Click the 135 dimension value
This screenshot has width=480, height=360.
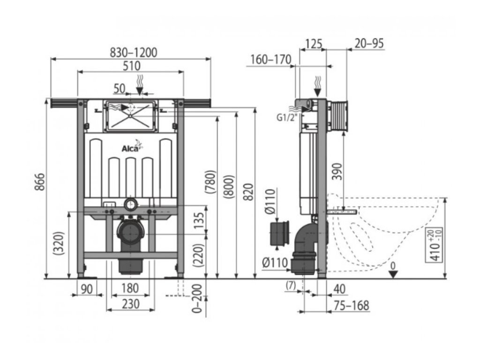pos(199,219)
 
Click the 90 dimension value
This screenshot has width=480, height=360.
pos(86,289)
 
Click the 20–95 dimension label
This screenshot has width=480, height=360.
pos(369,44)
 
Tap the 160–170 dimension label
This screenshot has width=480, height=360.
pos(270,60)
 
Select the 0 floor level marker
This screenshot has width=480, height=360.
pos(393,266)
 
